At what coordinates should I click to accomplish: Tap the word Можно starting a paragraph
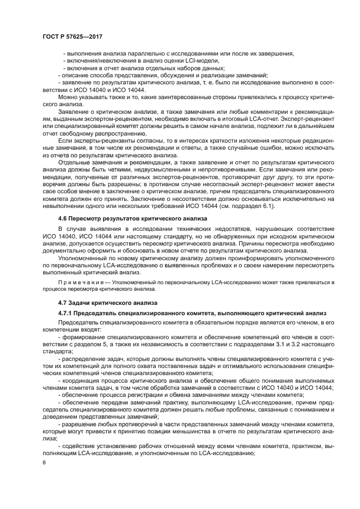tap(69, 96)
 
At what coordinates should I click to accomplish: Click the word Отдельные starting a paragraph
tap(75, 163)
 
